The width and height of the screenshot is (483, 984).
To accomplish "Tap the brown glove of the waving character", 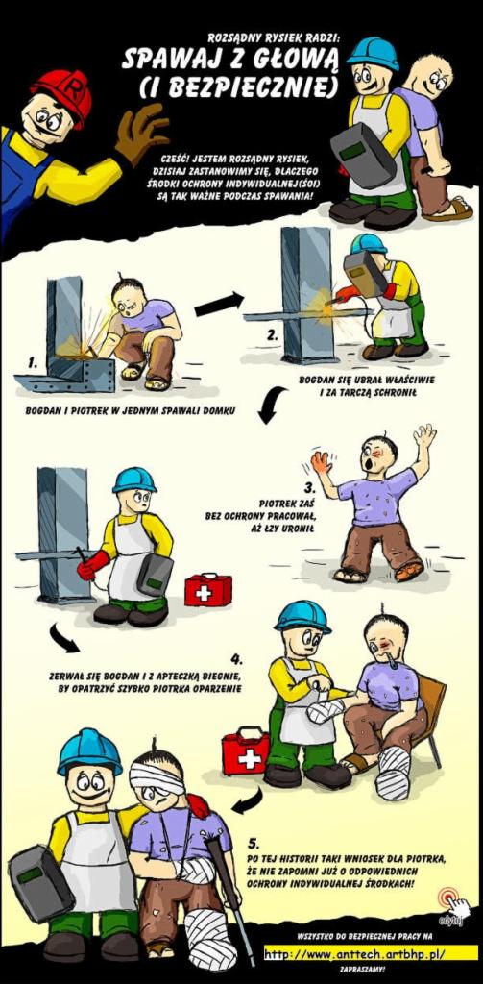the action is pyautogui.click(x=140, y=133).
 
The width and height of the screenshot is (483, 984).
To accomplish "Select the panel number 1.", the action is pyautogui.click(x=33, y=362).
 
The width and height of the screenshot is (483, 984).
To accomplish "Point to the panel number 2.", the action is pyautogui.click(x=272, y=334).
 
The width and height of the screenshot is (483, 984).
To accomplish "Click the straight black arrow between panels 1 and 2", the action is pyautogui.click(x=219, y=305).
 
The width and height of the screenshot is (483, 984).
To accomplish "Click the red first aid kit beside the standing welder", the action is pyautogui.click(x=207, y=590).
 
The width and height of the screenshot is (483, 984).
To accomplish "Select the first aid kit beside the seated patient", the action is pyautogui.click(x=245, y=751).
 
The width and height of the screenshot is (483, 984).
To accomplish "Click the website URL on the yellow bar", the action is pyautogui.click(x=354, y=954).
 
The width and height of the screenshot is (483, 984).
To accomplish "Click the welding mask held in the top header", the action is pyautogui.click(x=363, y=155).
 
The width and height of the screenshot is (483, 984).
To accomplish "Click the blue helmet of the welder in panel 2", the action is pyautogui.click(x=368, y=243).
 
